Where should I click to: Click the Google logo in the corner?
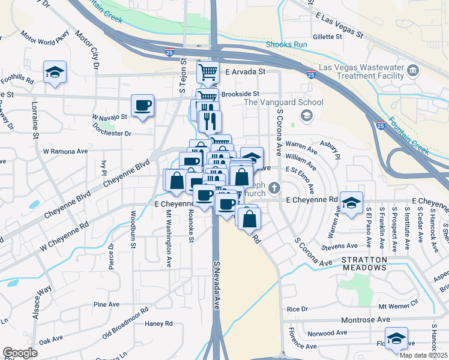[x=20, y=353]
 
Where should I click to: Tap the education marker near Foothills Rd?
[x=55, y=73]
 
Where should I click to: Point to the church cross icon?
[x=274, y=188]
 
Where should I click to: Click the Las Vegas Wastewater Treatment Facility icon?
[x=413, y=71]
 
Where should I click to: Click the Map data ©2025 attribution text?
[x=423, y=355]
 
